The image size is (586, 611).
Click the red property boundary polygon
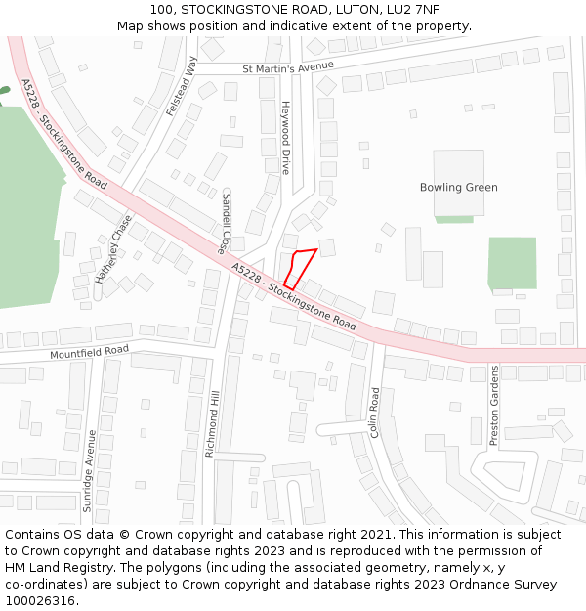[x=300, y=267]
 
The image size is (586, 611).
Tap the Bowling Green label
[x=458, y=187]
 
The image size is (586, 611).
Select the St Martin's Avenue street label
[x=288, y=66]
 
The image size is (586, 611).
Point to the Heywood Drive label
[x=286, y=137]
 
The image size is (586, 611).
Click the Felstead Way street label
[x=182, y=87]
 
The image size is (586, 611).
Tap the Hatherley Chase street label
[x=113, y=249]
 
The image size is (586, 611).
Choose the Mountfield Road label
[x=89, y=350]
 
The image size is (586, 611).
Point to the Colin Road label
[x=374, y=412]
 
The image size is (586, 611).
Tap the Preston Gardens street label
[x=494, y=406]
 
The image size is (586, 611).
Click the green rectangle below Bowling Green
[x=512, y=262]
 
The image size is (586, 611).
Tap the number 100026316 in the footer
[x=38, y=600]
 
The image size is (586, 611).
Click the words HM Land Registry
[x=51, y=567]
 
